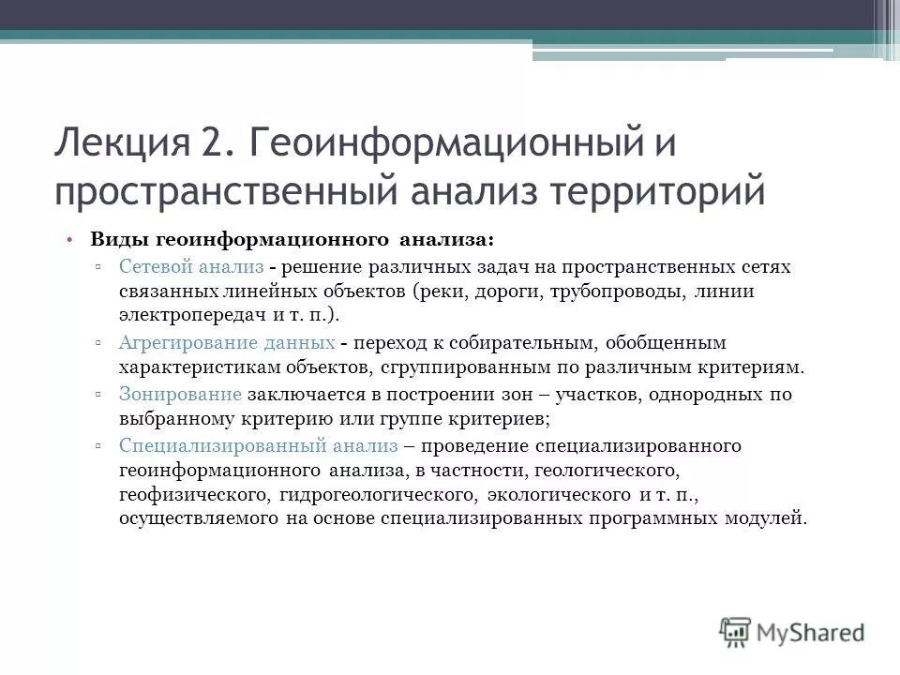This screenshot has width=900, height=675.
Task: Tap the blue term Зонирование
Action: coord(181,394)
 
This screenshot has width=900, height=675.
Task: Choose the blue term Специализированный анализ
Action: coord(259,444)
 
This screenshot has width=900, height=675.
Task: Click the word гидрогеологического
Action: coord(380,493)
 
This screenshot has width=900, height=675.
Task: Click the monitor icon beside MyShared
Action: coord(736,631)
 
